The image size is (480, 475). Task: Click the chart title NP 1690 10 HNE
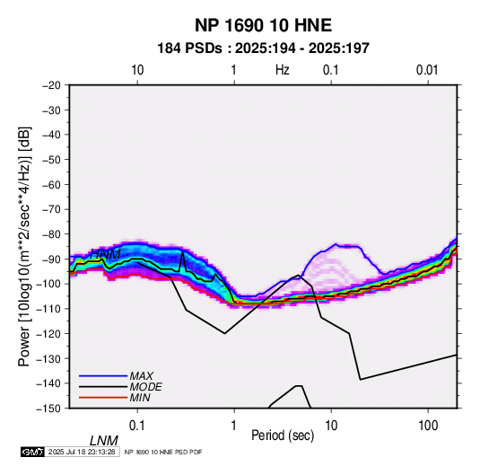263,25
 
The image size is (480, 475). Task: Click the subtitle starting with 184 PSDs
263,48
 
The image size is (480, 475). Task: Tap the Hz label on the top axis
283,70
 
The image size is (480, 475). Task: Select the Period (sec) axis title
283,435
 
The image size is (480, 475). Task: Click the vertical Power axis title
24,246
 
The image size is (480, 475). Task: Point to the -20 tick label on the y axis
51,85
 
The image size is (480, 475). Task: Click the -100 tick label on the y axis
48,284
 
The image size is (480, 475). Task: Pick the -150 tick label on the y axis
48,409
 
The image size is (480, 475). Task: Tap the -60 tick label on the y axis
51,184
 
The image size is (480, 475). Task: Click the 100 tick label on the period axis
428,426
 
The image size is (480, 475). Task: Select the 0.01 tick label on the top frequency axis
427,70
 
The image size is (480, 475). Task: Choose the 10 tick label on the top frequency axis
137,70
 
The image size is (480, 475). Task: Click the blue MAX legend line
103,376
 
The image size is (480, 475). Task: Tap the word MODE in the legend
145,387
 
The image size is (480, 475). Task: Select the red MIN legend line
103,398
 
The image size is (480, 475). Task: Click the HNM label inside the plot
105,254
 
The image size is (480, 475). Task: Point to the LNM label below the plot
103,441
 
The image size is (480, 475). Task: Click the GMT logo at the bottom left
33,452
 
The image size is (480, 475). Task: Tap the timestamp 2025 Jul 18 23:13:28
82,452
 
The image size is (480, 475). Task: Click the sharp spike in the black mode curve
183,253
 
